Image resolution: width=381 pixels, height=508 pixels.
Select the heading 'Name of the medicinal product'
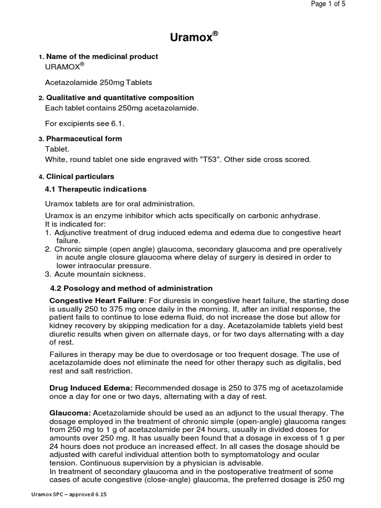click(x=102, y=57)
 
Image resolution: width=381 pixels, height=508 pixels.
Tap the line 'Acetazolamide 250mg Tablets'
click(x=98, y=82)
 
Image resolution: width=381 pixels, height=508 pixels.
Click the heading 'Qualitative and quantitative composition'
click(x=120, y=98)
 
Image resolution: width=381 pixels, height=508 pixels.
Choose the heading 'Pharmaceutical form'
click(x=84, y=139)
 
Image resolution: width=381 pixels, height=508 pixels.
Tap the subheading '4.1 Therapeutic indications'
click(x=96, y=189)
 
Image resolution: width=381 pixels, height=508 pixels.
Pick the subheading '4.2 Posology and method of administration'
click(x=131, y=288)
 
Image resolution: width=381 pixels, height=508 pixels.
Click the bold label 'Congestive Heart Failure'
click(x=97, y=301)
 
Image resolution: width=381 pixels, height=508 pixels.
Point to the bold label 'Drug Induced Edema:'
click(x=91, y=387)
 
